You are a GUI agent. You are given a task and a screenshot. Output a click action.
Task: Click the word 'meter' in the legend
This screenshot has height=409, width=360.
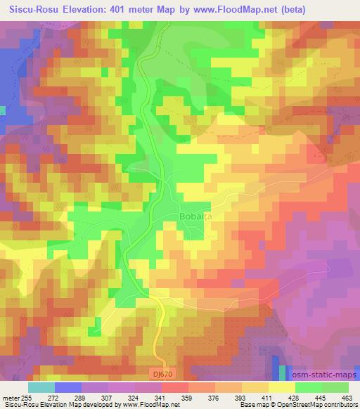[11, 397]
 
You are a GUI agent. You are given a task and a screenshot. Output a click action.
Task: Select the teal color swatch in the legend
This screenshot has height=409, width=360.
[41, 387]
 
